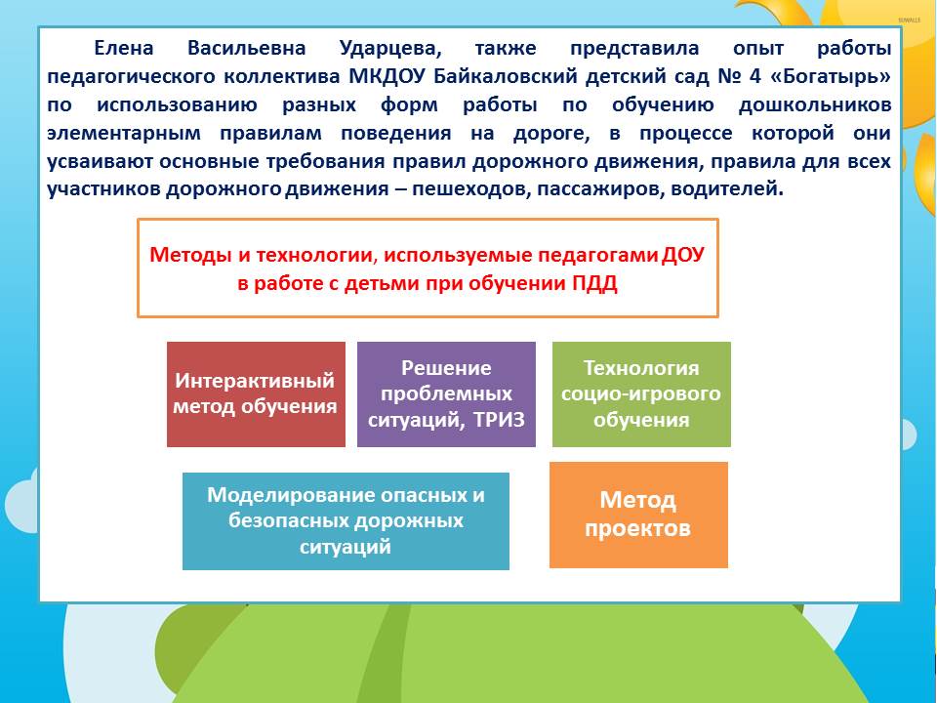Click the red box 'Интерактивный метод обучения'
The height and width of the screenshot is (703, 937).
tap(256, 393)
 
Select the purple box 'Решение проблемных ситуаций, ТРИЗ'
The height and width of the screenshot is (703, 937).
tap(446, 393)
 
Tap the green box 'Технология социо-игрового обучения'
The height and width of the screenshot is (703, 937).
tap(641, 393)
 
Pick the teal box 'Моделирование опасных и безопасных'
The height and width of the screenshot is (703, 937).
tap(346, 520)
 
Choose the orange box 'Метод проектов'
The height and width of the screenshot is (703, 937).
tap(638, 515)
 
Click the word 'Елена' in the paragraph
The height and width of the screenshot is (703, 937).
tap(124, 48)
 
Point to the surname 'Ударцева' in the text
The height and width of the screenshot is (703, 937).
tap(390, 49)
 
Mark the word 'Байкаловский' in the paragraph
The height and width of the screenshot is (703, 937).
tap(506, 76)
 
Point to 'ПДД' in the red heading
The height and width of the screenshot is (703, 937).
tap(594, 283)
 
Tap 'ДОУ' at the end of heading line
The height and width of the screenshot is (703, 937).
tap(683, 255)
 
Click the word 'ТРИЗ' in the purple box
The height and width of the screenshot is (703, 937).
tap(499, 420)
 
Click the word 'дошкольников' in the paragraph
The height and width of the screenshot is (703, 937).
tap(815, 105)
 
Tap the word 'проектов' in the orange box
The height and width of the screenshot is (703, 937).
tap(637, 528)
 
